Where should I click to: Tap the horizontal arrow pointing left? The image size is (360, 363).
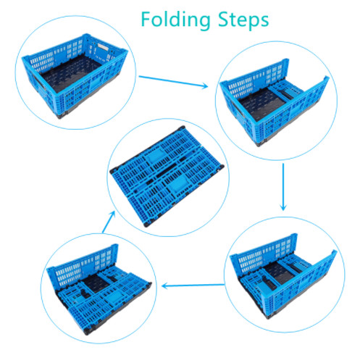(x=190, y=285)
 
